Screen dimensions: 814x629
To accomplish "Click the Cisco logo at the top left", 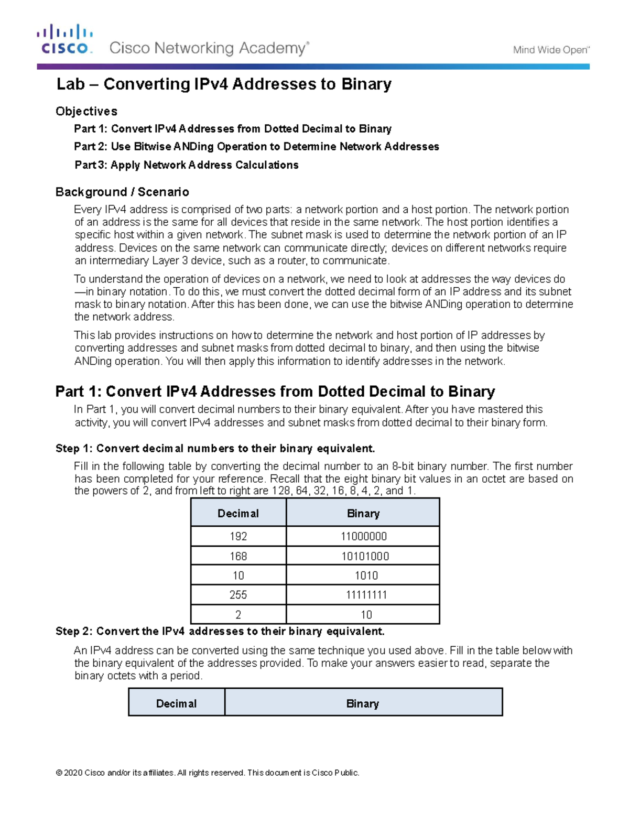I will [x=64, y=40].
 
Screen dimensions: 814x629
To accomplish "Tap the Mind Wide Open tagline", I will [x=551, y=50].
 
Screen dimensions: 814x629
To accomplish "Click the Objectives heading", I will [x=86, y=111].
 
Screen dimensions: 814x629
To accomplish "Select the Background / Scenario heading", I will [x=122, y=192].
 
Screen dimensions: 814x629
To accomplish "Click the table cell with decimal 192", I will [x=238, y=536].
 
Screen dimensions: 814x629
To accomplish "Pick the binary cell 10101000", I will [x=365, y=556].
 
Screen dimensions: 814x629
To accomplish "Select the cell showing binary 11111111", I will [x=366, y=595].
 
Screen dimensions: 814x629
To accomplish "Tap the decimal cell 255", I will [x=238, y=595].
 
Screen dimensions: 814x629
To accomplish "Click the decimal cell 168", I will [x=238, y=556].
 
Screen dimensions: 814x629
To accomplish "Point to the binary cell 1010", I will [x=366, y=576].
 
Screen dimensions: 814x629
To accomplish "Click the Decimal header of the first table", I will [x=238, y=513].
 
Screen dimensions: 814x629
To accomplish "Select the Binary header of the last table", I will [x=362, y=703].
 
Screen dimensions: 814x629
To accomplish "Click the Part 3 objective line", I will [x=186, y=165].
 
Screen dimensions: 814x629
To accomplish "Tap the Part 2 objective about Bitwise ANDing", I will [x=256, y=147].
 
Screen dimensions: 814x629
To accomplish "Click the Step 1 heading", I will [x=215, y=449].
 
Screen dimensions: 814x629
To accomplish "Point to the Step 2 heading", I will [x=220, y=631].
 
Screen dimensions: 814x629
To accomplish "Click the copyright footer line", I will [x=208, y=773].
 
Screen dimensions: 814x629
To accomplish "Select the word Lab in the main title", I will [x=70, y=84].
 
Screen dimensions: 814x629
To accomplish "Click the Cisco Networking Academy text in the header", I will [x=209, y=48].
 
